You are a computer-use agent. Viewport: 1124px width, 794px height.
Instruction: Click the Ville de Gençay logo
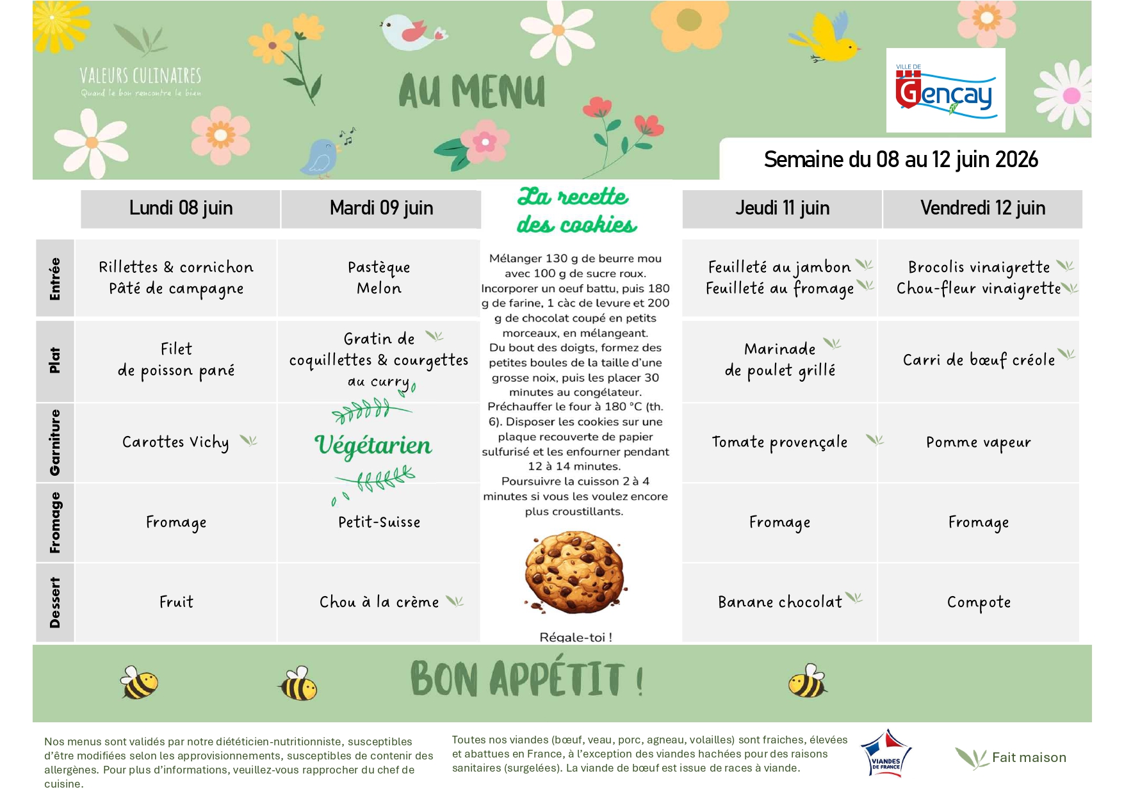[x=945, y=91]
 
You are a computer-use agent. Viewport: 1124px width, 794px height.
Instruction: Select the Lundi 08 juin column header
[x=181, y=208]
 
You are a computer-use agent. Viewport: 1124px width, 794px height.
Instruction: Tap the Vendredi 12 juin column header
[x=982, y=208]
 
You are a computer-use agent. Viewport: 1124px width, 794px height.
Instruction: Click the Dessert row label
[x=55, y=603]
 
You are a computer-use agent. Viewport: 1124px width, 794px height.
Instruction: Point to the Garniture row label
[x=55, y=442]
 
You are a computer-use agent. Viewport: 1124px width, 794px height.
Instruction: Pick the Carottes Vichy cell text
[x=175, y=442]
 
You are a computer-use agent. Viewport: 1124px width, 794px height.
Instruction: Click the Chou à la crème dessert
[x=379, y=602]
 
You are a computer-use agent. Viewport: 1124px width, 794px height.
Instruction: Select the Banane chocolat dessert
[x=779, y=602]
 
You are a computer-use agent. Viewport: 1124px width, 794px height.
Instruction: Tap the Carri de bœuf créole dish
[x=979, y=360]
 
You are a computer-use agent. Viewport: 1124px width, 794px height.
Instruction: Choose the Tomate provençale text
[x=779, y=442]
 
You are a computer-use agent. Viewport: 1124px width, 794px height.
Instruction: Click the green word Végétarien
[x=373, y=445]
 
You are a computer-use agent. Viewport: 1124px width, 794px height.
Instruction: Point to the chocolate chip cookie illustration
[x=574, y=572]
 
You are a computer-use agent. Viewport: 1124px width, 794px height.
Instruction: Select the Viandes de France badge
[x=886, y=754]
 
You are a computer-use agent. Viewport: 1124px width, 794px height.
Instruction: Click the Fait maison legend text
[x=1029, y=758]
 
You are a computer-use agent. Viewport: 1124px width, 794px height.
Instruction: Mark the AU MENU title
[x=472, y=91]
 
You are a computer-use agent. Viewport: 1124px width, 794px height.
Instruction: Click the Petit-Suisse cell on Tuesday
[x=379, y=523]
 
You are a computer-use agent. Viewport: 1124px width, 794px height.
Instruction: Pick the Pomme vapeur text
[x=978, y=442]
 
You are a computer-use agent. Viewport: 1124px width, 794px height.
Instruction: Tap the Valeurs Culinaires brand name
[x=140, y=76]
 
